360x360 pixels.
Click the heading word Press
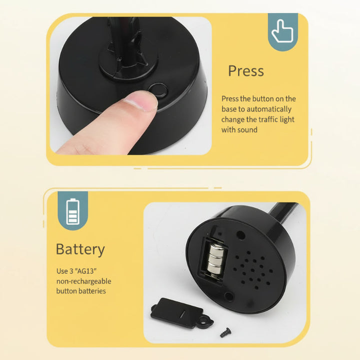(246, 70)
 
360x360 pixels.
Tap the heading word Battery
(80, 250)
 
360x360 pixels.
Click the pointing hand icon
(282, 31)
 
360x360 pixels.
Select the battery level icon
(73, 211)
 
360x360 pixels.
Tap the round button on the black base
(158, 90)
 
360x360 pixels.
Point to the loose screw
(225, 332)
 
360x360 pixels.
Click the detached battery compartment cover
(181, 313)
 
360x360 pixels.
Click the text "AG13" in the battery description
(85, 271)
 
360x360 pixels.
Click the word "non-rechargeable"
(84, 281)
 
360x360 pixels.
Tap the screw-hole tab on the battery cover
(205, 321)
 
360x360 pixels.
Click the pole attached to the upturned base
(283, 212)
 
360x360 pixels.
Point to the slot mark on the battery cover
(182, 314)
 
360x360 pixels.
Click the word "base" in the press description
(229, 109)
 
